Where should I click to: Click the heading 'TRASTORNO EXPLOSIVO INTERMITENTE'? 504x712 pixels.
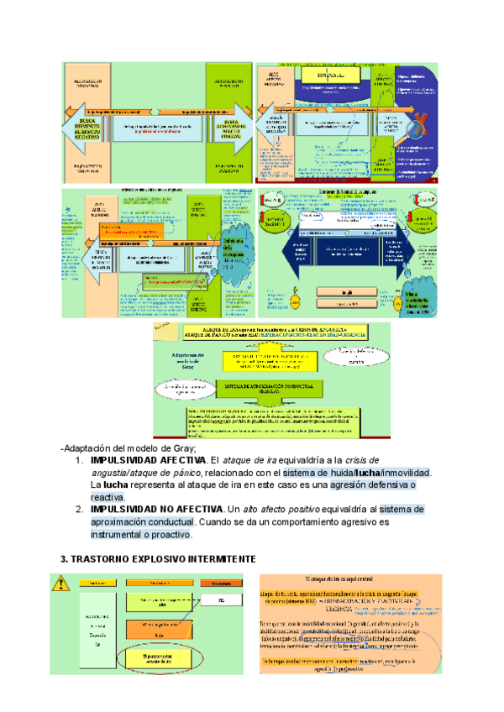(x=153, y=559)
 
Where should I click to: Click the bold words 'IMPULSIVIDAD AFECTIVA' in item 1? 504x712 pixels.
(x=148, y=461)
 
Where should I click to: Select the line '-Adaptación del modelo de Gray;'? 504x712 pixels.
(x=128, y=448)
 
